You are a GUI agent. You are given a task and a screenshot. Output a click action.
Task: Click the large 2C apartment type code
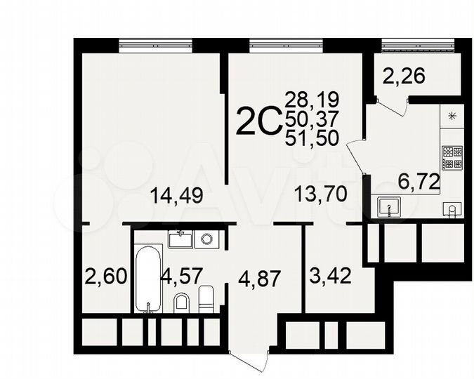pos(258,123)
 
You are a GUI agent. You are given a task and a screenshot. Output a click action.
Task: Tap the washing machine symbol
pos(206,239)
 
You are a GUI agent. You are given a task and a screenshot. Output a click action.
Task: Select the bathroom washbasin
pos(181,239)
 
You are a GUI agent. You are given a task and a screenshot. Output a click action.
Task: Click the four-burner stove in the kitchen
pos(451,157)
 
